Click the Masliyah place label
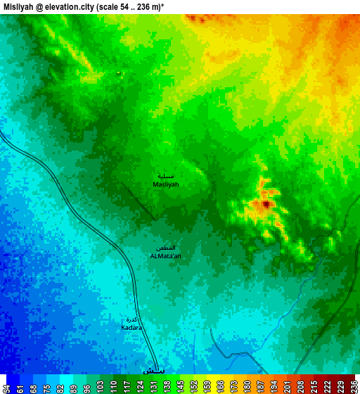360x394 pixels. (x=166, y=184)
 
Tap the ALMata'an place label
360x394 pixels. (x=166, y=256)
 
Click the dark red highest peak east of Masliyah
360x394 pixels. (x=266, y=204)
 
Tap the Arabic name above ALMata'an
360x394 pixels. (x=166, y=248)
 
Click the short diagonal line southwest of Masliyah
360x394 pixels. (x=137, y=200)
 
